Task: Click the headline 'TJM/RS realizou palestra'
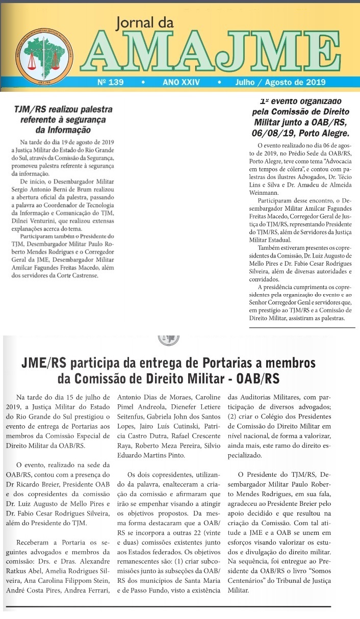63,110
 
